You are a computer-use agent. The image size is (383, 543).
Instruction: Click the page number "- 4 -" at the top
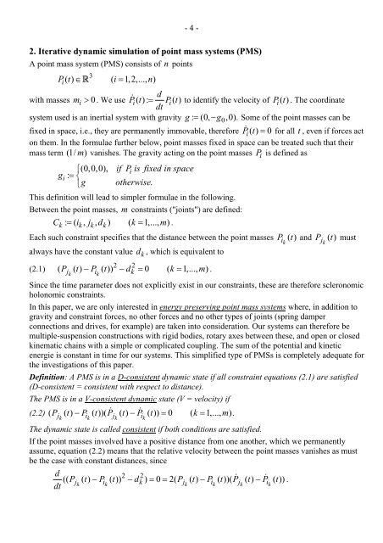pyautogui.click(x=191, y=13)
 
